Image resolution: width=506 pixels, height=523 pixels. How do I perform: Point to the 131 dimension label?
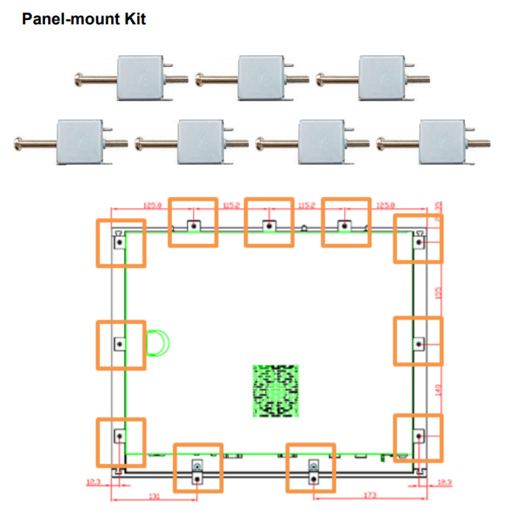click(x=154, y=498)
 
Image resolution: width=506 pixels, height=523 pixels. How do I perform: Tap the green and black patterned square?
click(x=277, y=390)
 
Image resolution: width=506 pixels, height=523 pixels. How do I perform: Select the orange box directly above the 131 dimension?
click(x=197, y=468)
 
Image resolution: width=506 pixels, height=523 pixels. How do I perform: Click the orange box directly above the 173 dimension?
click(x=311, y=468)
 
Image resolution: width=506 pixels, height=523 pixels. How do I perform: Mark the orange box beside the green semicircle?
click(x=121, y=344)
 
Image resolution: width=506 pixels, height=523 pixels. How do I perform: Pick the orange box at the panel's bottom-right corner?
click(x=418, y=439)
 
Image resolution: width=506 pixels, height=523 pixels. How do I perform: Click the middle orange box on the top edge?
click(x=270, y=221)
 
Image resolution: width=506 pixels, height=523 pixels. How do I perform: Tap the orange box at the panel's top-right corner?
click(x=418, y=238)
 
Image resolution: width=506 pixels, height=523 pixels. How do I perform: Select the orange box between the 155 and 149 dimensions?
click(x=418, y=341)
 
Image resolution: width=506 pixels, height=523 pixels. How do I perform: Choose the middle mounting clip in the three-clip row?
click(x=259, y=78)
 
